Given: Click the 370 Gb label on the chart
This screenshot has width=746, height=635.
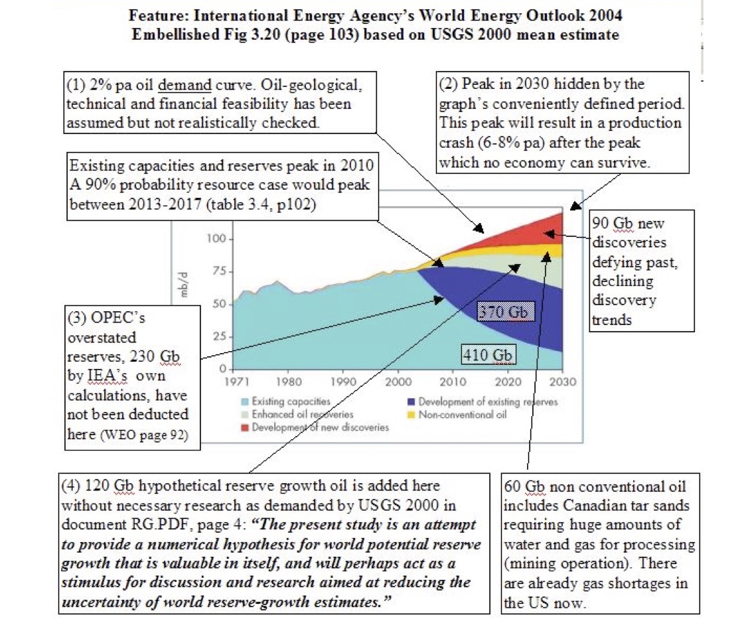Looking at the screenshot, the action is (506, 312).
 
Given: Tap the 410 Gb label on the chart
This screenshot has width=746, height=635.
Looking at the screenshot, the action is (488, 354).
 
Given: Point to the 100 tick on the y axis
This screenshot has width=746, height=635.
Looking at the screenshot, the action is (216, 238).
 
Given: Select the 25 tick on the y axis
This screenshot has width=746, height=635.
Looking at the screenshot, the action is (220, 337).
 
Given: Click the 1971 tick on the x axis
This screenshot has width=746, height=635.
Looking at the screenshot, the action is (236, 382).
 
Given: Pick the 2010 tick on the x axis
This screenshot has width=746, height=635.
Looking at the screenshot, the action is (453, 382).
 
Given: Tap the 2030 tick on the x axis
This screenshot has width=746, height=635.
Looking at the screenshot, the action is (562, 382).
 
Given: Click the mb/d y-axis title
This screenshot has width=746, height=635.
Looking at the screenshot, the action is (183, 285).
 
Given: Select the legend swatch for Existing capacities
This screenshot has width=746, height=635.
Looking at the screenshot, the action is (245, 401).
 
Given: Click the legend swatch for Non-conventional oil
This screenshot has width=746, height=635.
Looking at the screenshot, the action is (411, 414).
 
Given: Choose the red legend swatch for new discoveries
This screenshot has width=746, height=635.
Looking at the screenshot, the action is (245, 427).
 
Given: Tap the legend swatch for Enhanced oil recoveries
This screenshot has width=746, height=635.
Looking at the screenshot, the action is (245, 414).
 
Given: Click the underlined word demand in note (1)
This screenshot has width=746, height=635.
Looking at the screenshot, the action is (185, 85).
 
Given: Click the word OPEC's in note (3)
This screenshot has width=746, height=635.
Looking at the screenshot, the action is (118, 317).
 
